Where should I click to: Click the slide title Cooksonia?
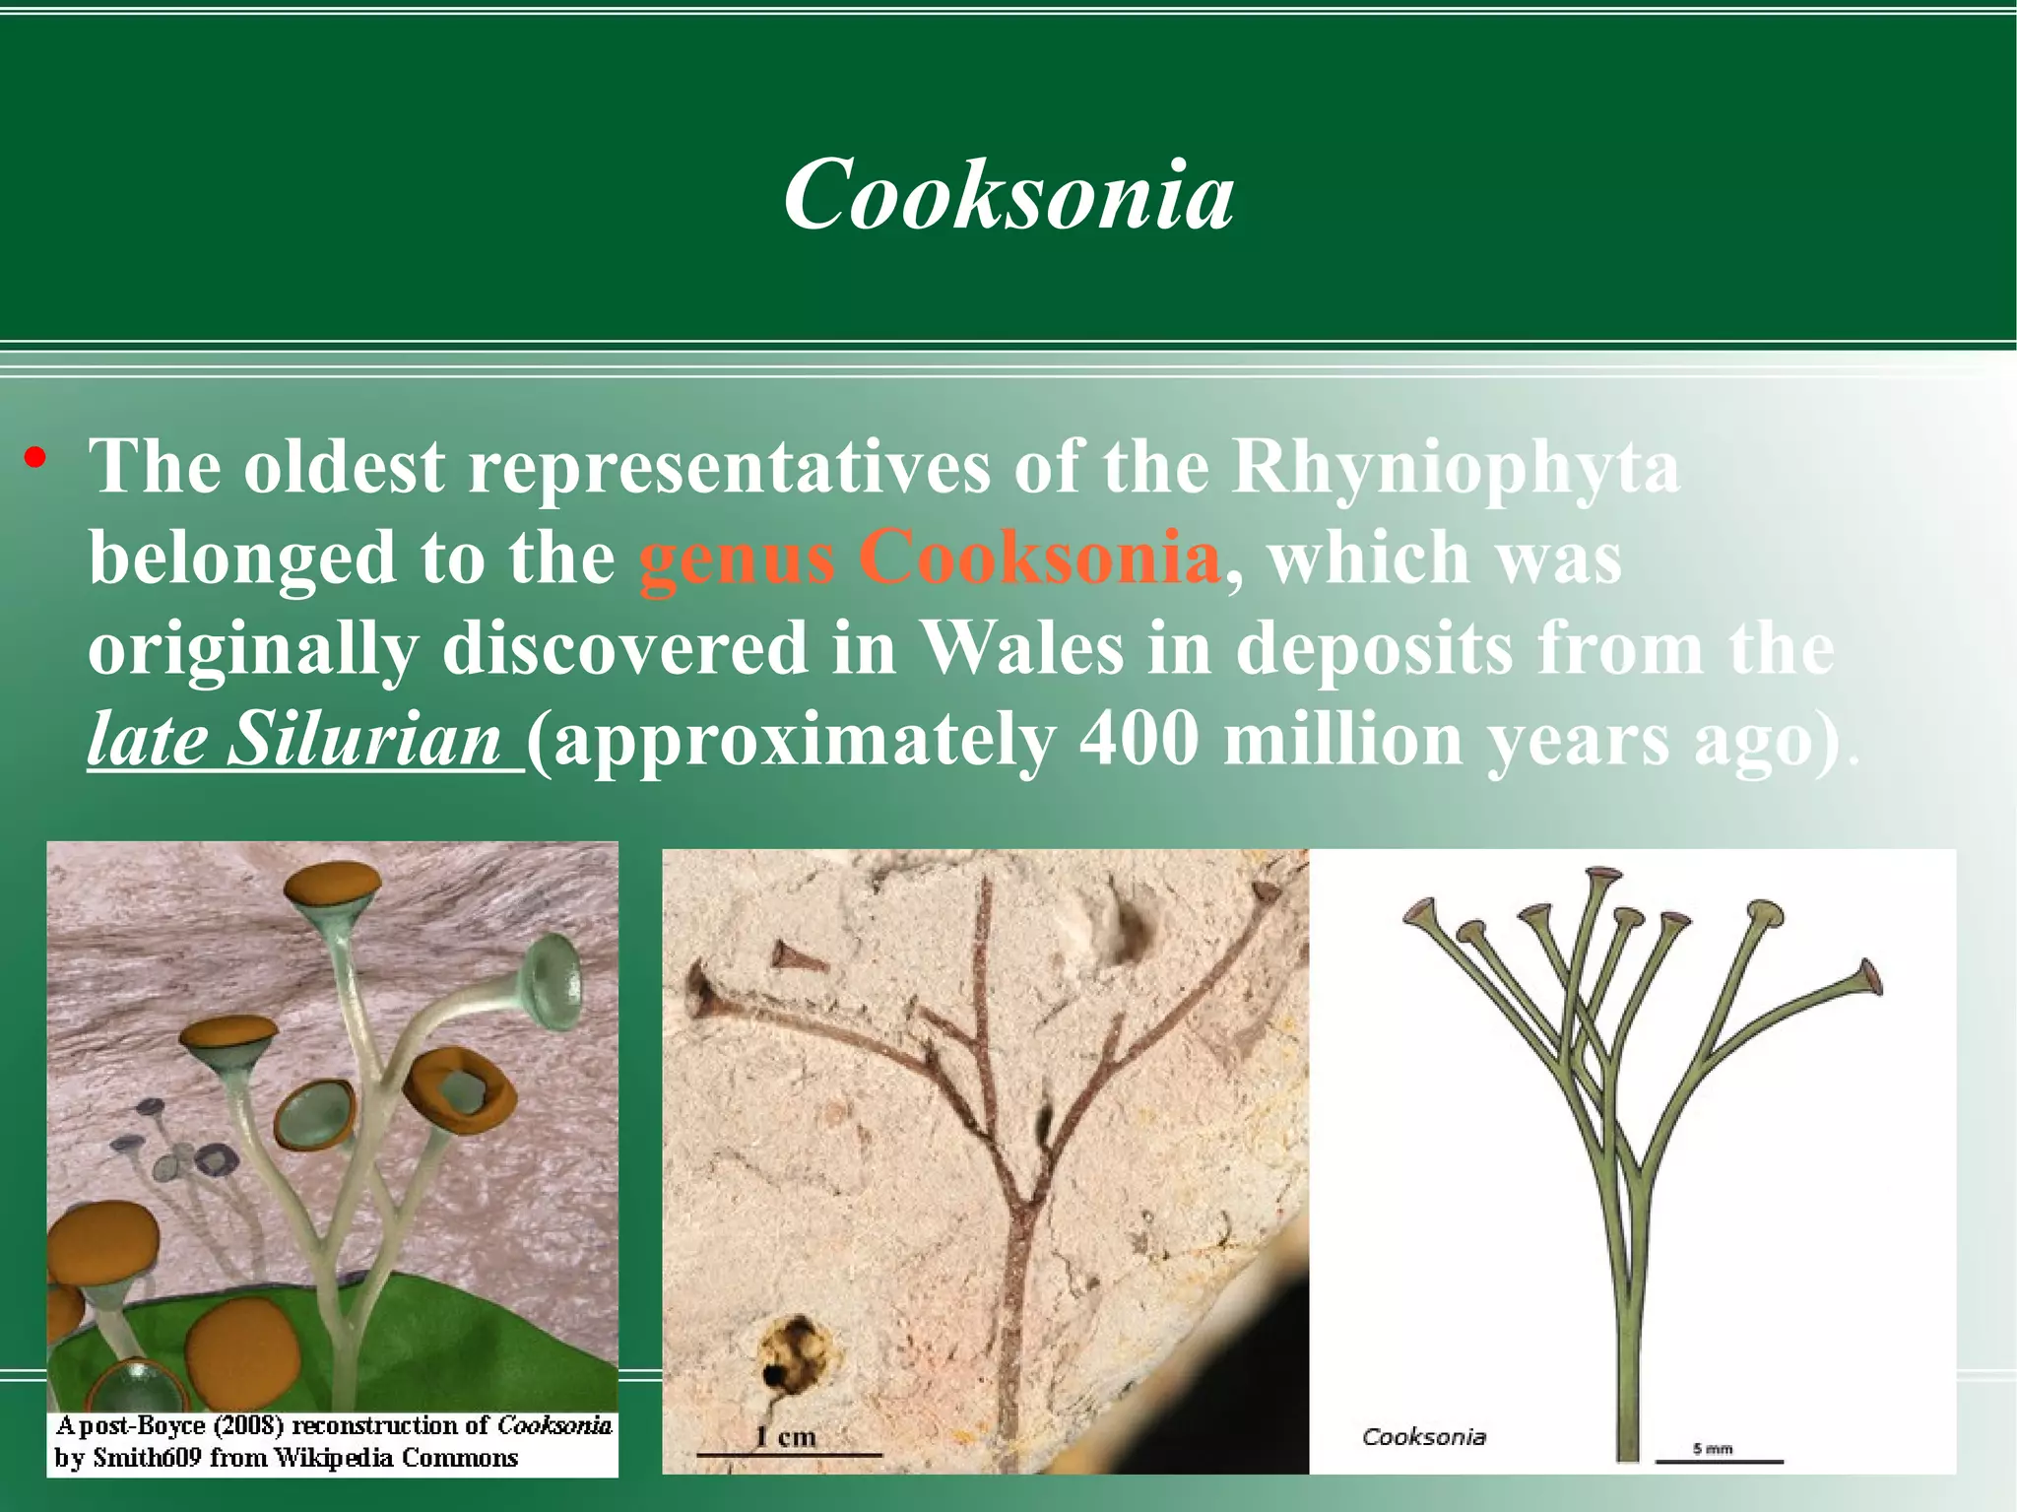tap(1008, 194)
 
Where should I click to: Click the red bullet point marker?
tap(36, 458)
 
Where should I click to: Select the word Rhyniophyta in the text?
tap(1456, 467)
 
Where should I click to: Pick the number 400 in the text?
tap(1138, 741)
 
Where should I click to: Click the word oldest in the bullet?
tap(344, 467)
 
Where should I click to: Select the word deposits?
tap(1374, 649)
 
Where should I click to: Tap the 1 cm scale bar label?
tap(786, 1437)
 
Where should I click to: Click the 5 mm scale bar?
tap(1719, 1460)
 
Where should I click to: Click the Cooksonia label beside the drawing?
tap(1423, 1437)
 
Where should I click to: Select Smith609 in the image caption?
tap(147, 1458)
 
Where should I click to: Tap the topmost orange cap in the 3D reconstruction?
tap(332, 883)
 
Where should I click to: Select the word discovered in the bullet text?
tap(624, 649)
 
